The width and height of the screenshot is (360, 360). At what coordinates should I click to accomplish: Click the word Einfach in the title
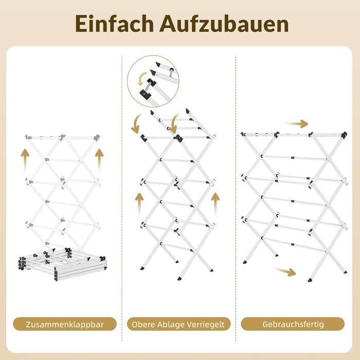[x=114, y=24]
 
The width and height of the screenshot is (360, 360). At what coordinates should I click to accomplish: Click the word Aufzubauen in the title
[x=224, y=24]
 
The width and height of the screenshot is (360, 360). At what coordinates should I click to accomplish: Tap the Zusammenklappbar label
[x=65, y=325]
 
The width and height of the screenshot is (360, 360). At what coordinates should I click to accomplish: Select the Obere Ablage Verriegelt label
[x=178, y=325]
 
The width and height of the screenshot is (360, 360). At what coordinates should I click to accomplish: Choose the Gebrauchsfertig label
[x=293, y=325]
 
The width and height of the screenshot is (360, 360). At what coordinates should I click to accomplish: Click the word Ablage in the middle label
[x=171, y=325]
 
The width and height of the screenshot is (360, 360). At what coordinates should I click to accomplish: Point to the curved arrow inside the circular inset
[x=141, y=79]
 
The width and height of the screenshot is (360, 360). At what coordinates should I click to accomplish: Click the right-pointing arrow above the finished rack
[x=296, y=124]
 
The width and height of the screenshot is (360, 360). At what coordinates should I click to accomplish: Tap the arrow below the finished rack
[x=285, y=272]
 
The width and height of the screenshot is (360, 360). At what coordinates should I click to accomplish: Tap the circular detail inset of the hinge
[x=153, y=81]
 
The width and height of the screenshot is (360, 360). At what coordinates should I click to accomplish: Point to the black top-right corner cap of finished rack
[x=344, y=135]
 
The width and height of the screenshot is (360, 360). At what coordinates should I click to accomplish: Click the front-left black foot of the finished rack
[x=245, y=262]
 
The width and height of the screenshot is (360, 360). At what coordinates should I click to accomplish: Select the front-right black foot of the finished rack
[x=310, y=280]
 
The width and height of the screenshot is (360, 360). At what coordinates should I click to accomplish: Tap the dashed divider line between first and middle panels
[x=122, y=199]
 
